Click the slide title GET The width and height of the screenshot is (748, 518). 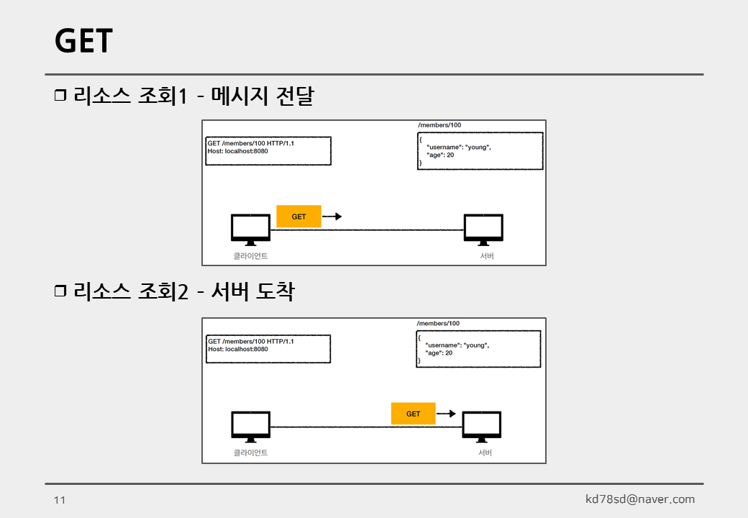click(x=83, y=41)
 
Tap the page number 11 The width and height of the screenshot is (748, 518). click(x=60, y=500)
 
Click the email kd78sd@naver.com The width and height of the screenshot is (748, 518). click(x=640, y=499)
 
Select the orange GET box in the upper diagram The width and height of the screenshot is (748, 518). click(x=298, y=217)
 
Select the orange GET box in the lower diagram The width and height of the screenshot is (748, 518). click(x=413, y=414)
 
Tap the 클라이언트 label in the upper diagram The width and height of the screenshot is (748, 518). click(x=250, y=256)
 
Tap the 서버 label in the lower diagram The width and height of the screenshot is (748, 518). click(x=485, y=453)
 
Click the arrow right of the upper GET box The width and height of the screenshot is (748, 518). click(x=332, y=216)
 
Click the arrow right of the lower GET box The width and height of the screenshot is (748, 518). click(x=447, y=414)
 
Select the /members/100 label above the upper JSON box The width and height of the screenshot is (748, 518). click(x=439, y=125)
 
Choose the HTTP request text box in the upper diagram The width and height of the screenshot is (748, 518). click(x=268, y=151)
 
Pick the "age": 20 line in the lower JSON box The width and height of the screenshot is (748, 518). click(x=439, y=353)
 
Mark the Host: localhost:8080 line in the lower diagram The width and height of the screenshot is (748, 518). click(x=238, y=349)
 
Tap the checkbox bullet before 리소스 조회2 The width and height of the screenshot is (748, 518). click(x=60, y=292)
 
